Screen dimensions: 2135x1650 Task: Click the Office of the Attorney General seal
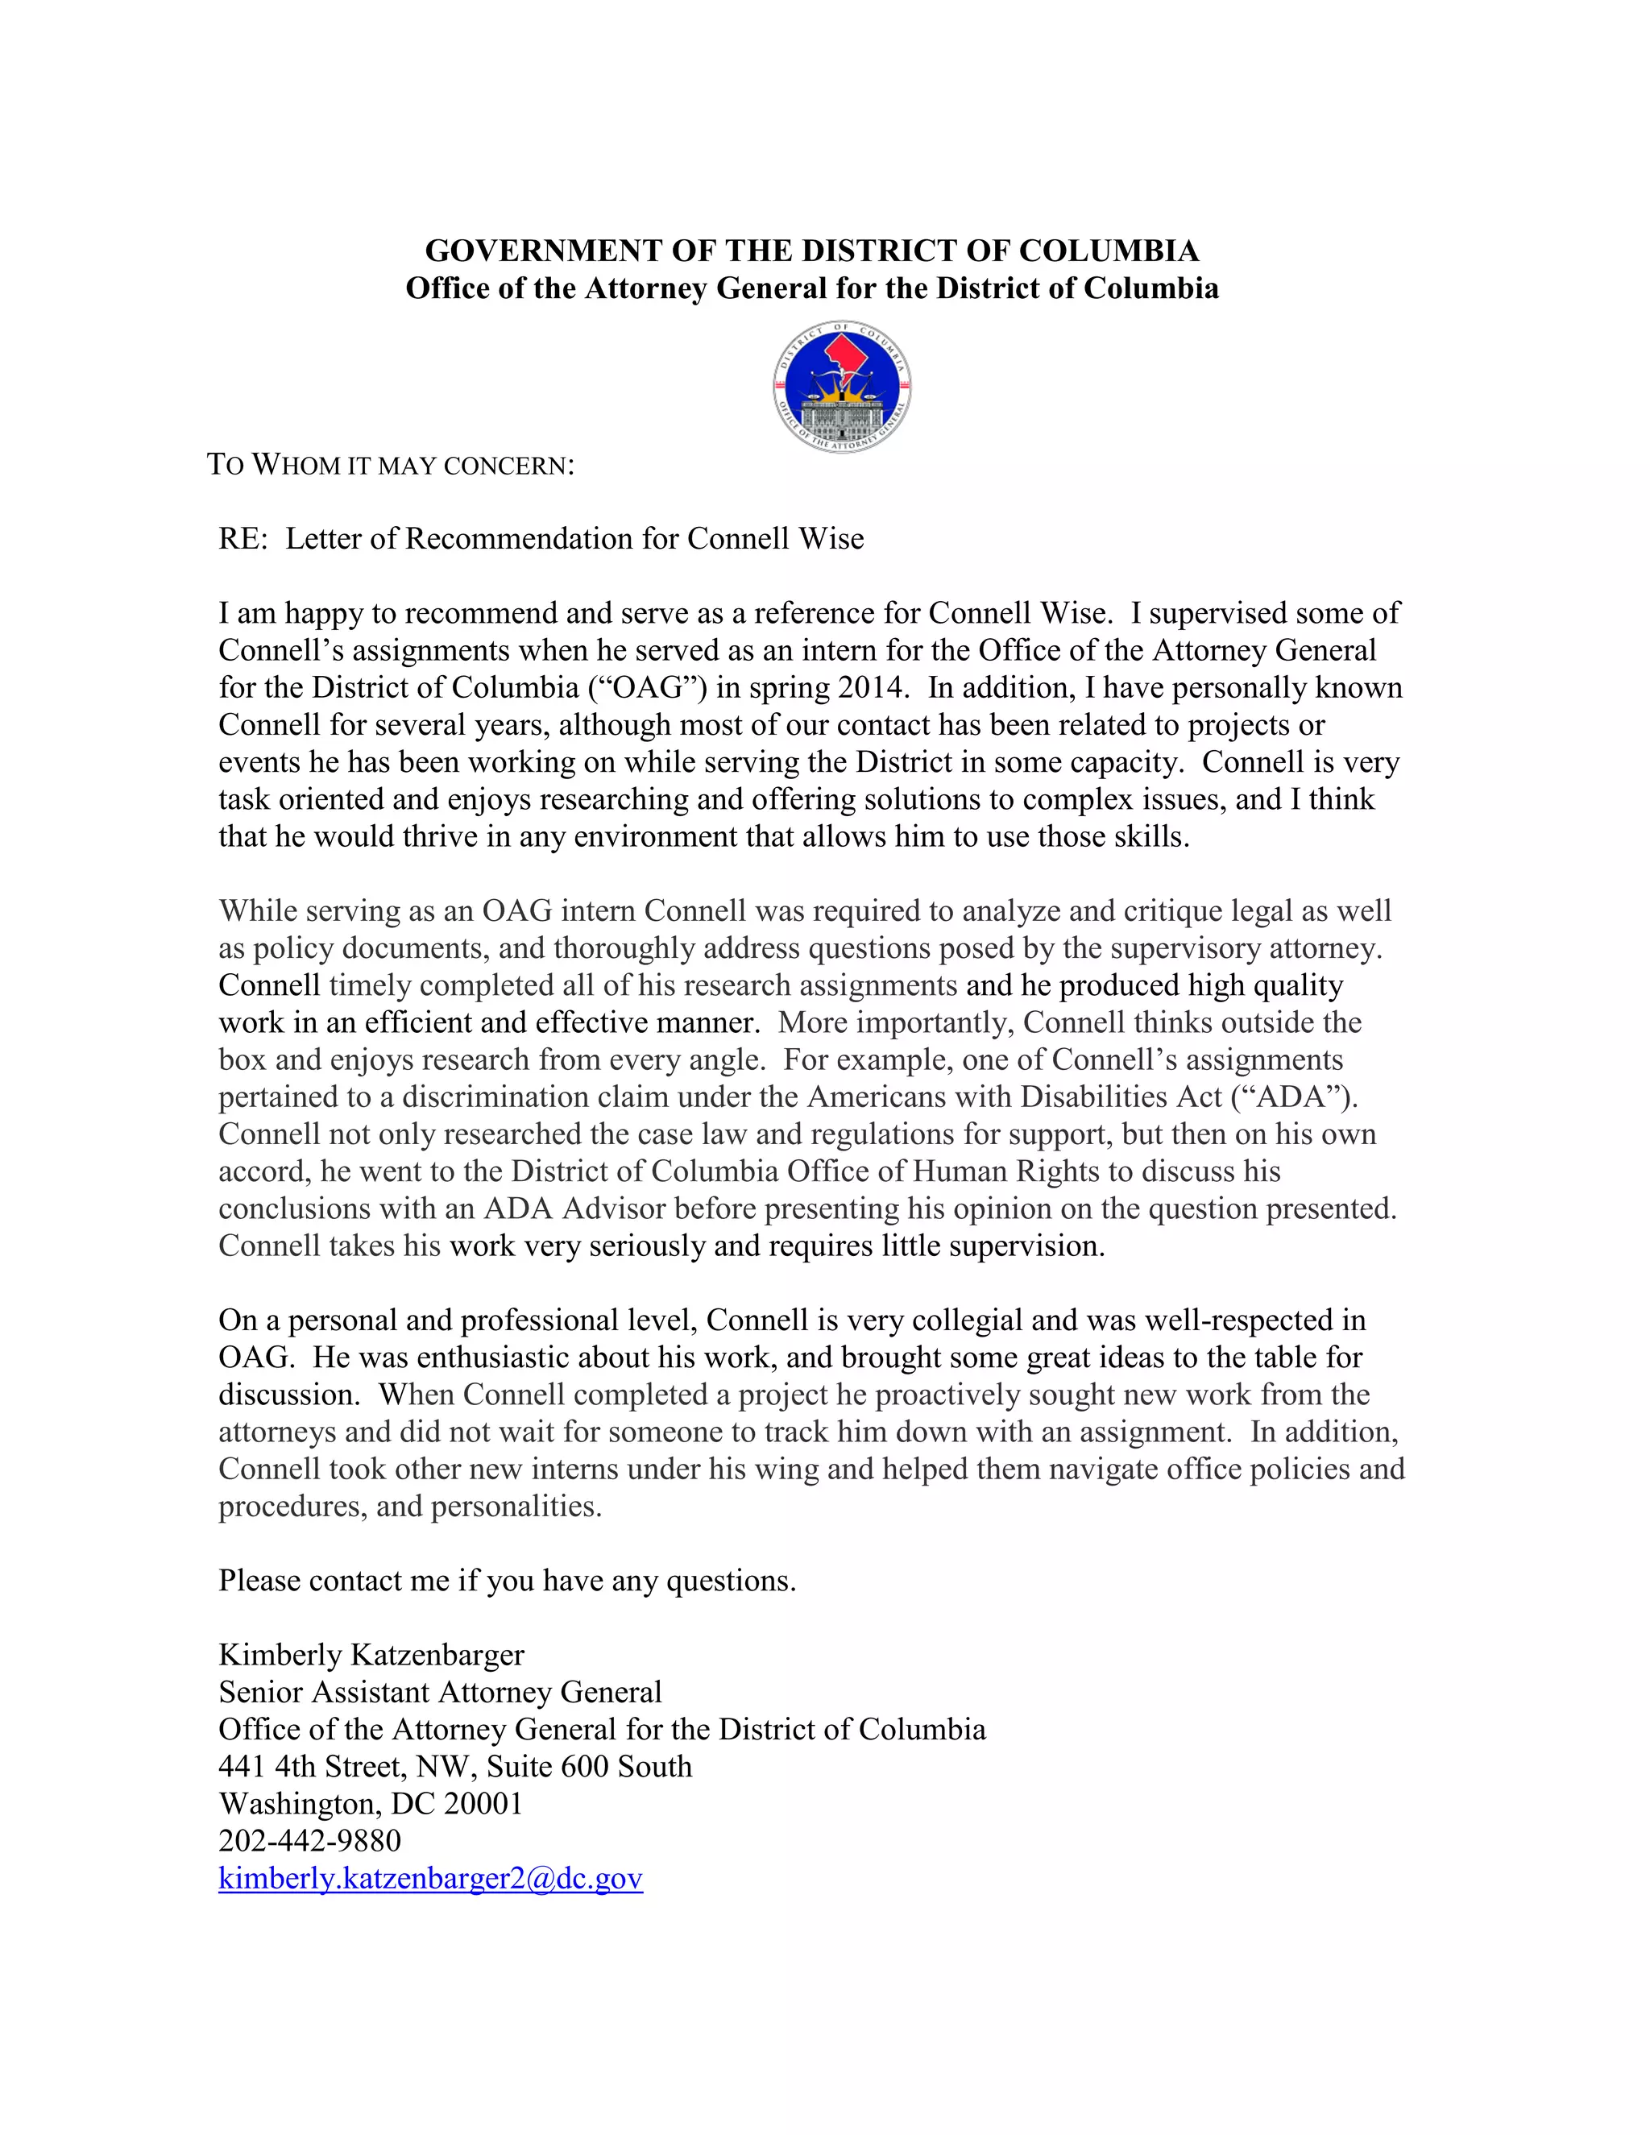click(x=842, y=386)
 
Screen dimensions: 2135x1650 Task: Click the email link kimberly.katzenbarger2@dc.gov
click(x=430, y=1878)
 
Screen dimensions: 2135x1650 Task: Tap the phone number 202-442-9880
click(x=310, y=1841)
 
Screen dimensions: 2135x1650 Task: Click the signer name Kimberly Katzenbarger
click(x=371, y=1655)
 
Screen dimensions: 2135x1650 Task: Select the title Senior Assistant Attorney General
click(x=440, y=1692)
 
